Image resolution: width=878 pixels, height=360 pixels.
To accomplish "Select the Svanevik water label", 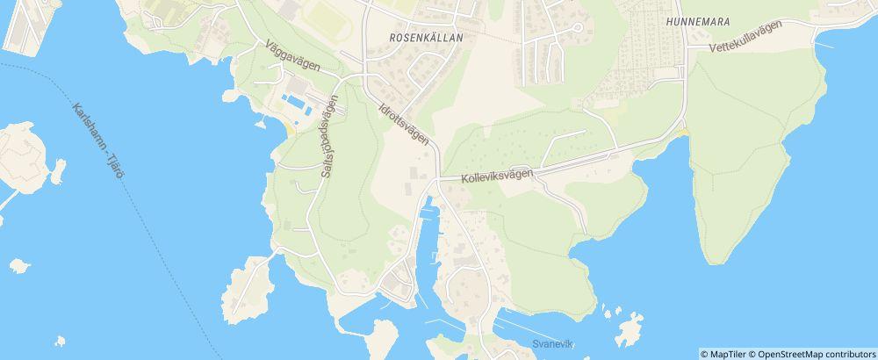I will click(x=551, y=343).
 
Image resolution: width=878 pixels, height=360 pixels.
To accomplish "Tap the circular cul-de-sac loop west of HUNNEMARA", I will click(x=577, y=28).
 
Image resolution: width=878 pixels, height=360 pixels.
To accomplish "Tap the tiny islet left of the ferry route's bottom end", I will click(x=59, y=341).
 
